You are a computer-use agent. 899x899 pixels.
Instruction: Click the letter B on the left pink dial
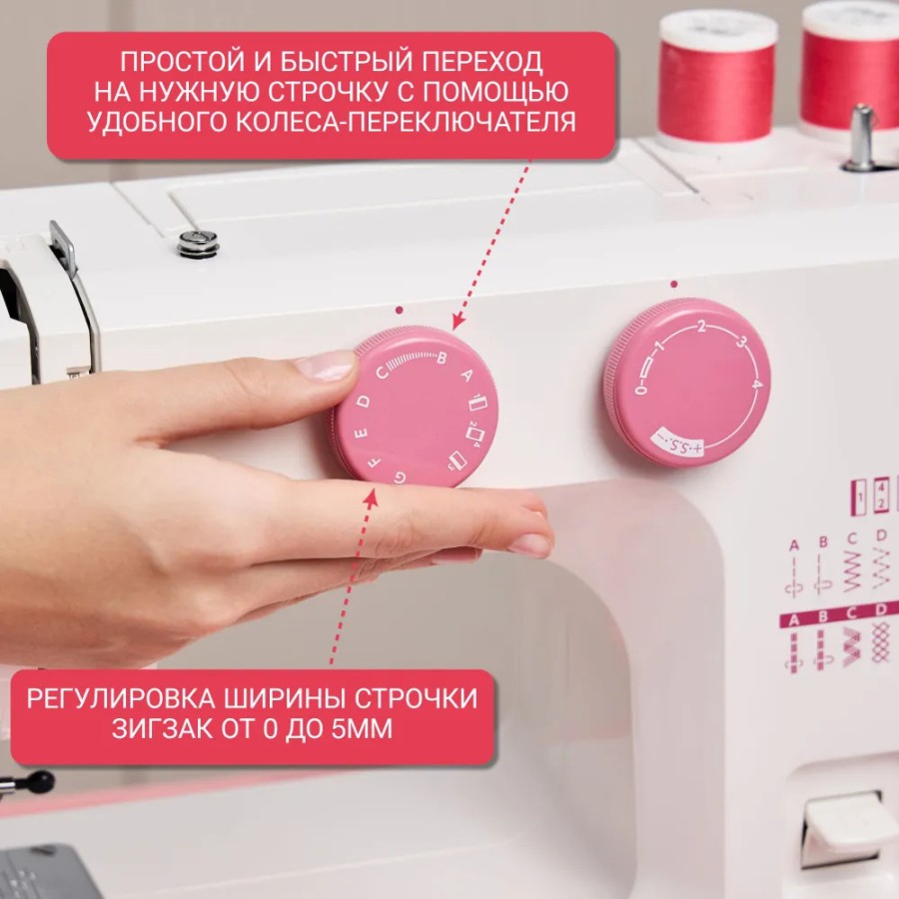pos(442,359)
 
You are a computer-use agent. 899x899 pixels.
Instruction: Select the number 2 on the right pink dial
pos(702,327)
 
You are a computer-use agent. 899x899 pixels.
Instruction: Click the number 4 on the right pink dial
pos(757,383)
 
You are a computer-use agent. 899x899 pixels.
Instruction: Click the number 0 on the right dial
pos(639,389)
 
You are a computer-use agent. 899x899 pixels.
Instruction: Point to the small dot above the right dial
pos(674,284)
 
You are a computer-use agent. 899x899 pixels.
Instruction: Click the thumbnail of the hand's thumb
pos(326,367)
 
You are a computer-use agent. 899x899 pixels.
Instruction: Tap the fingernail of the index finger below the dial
pos(529,544)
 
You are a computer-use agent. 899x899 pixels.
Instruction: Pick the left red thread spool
pos(716,75)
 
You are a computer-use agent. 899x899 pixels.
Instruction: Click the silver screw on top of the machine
pos(198,241)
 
